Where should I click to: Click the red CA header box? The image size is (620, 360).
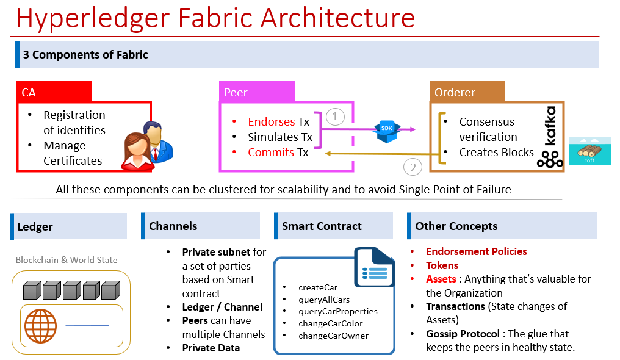54,92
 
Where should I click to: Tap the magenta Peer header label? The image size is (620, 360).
257,92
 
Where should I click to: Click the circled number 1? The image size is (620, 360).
335,117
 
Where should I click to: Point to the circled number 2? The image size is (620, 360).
413,167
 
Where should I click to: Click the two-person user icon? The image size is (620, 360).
149,146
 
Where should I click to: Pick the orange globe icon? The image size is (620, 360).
40,326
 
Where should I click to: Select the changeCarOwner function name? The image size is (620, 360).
333,335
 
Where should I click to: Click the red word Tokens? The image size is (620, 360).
442,265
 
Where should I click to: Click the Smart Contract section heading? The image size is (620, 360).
322,226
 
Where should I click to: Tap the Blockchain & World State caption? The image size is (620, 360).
67,260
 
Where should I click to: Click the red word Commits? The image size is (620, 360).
271,153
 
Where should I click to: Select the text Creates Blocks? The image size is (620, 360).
496,153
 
